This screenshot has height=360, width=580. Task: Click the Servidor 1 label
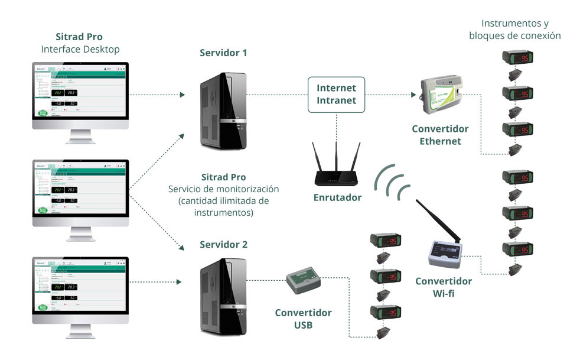[x=223, y=53]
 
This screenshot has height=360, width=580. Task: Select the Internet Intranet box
[x=337, y=95]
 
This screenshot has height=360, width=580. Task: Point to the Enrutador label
[x=337, y=197]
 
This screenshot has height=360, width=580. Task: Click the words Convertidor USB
[x=303, y=318]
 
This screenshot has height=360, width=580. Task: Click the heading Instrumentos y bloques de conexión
[x=514, y=30]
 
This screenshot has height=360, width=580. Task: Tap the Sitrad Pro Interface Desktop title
[x=80, y=43]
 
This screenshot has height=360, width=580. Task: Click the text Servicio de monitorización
[x=223, y=189]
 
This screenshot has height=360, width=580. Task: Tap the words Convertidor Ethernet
[x=440, y=135]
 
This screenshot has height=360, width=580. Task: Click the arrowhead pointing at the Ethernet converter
[x=412, y=95]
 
